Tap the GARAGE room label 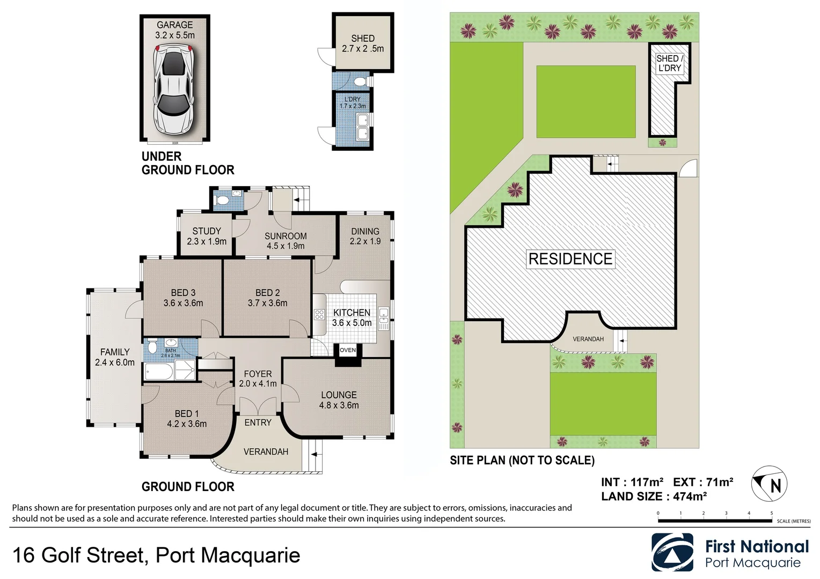(174, 25)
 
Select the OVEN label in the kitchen (348, 350)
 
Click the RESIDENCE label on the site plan (570, 259)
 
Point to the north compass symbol (770, 484)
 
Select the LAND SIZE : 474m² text (654, 496)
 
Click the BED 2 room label (267, 293)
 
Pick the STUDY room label (207, 231)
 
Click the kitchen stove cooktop (319, 314)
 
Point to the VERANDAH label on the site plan (588, 339)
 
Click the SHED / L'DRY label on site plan (669, 63)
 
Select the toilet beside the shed (360, 82)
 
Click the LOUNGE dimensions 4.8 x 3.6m (339, 405)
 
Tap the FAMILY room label (115, 352)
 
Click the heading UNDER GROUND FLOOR (188, 163)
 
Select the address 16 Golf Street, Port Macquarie (156, 555)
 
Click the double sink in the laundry (363, 126)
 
